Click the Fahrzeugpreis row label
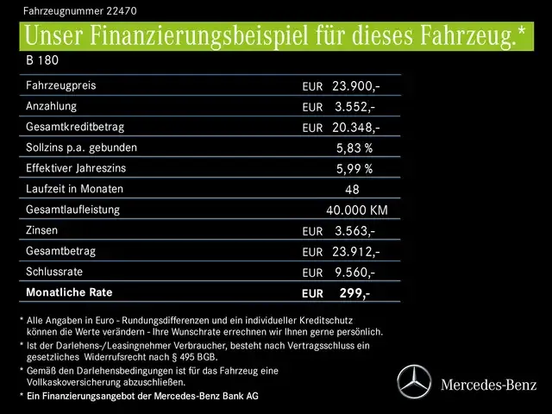coord(61,86)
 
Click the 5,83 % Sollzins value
coord(354,148)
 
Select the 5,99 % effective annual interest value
coord(354,169)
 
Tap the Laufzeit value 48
coord(352,190)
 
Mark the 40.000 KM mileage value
coord(356,210)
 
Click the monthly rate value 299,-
coord(354,293)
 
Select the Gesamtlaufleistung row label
coord(73,210)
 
